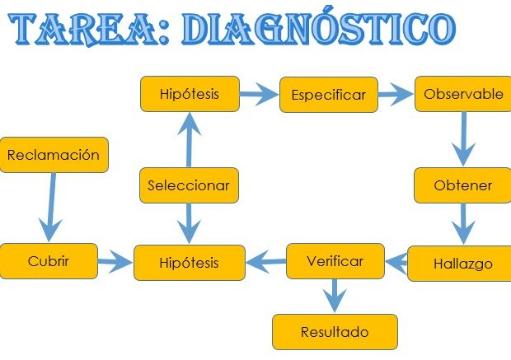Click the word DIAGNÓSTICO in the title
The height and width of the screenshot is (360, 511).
317,30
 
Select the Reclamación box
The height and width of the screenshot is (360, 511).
54,155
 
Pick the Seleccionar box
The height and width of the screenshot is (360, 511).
189,185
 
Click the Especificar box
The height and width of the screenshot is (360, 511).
328,95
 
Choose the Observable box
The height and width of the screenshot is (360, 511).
462,94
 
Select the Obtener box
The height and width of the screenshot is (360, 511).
462,185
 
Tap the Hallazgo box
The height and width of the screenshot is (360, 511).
462,264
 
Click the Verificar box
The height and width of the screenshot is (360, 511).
335,261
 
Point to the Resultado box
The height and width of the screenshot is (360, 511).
335,332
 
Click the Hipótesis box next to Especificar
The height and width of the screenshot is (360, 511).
190,94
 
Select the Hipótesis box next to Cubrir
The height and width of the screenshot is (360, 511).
190,263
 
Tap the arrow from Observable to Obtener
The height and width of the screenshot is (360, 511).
464,138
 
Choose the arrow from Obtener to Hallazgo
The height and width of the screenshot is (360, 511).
463,223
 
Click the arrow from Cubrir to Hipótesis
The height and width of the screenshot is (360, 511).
115,263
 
